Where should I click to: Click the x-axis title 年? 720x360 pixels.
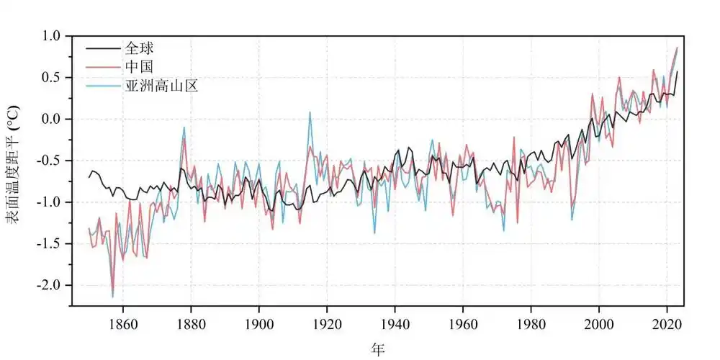point(378,349)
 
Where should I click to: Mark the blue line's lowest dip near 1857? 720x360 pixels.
point(112,297)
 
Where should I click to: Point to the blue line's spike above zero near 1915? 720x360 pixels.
point(310,112)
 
